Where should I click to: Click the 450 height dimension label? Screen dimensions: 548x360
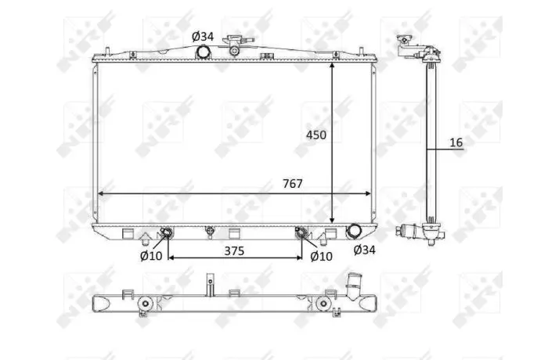coord(316,135)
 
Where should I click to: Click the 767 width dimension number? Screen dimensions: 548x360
coord(293,183)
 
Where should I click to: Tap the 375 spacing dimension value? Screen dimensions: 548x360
coord(234,251)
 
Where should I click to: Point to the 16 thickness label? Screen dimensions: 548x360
coord(456,142)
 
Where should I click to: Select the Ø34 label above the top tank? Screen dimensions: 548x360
coord(203,36)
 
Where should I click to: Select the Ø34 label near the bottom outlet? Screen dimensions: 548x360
coord(364,250)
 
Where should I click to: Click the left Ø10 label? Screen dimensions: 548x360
coord(151,256)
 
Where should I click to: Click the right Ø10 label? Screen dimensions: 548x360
coord(321,257)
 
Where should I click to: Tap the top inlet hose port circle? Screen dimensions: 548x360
coord(203,52)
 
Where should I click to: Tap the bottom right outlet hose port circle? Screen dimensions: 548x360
coord(353,231)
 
